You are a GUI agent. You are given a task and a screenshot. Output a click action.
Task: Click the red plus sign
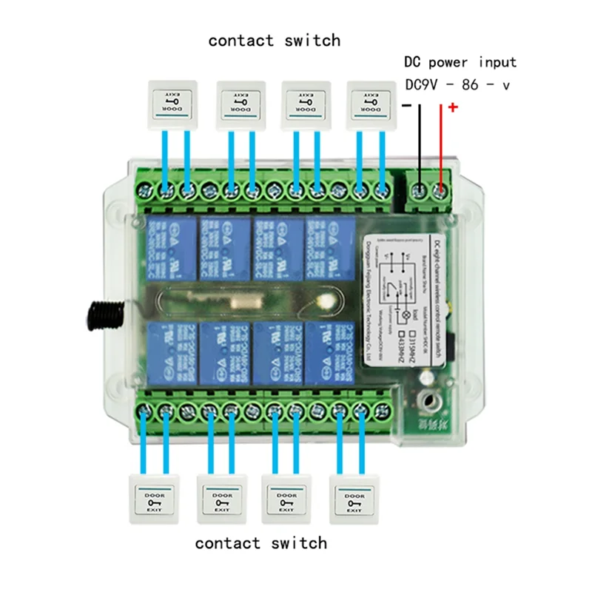click(453, 108)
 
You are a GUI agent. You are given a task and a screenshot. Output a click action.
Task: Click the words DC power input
click(460, 62)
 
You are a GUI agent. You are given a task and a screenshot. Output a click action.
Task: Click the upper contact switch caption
click(274, 40)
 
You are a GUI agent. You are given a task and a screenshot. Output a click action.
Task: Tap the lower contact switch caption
click(260, 543)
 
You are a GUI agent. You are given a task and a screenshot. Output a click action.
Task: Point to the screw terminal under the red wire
click(441, 192)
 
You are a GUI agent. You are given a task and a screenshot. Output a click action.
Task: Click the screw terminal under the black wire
click(420, 192)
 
